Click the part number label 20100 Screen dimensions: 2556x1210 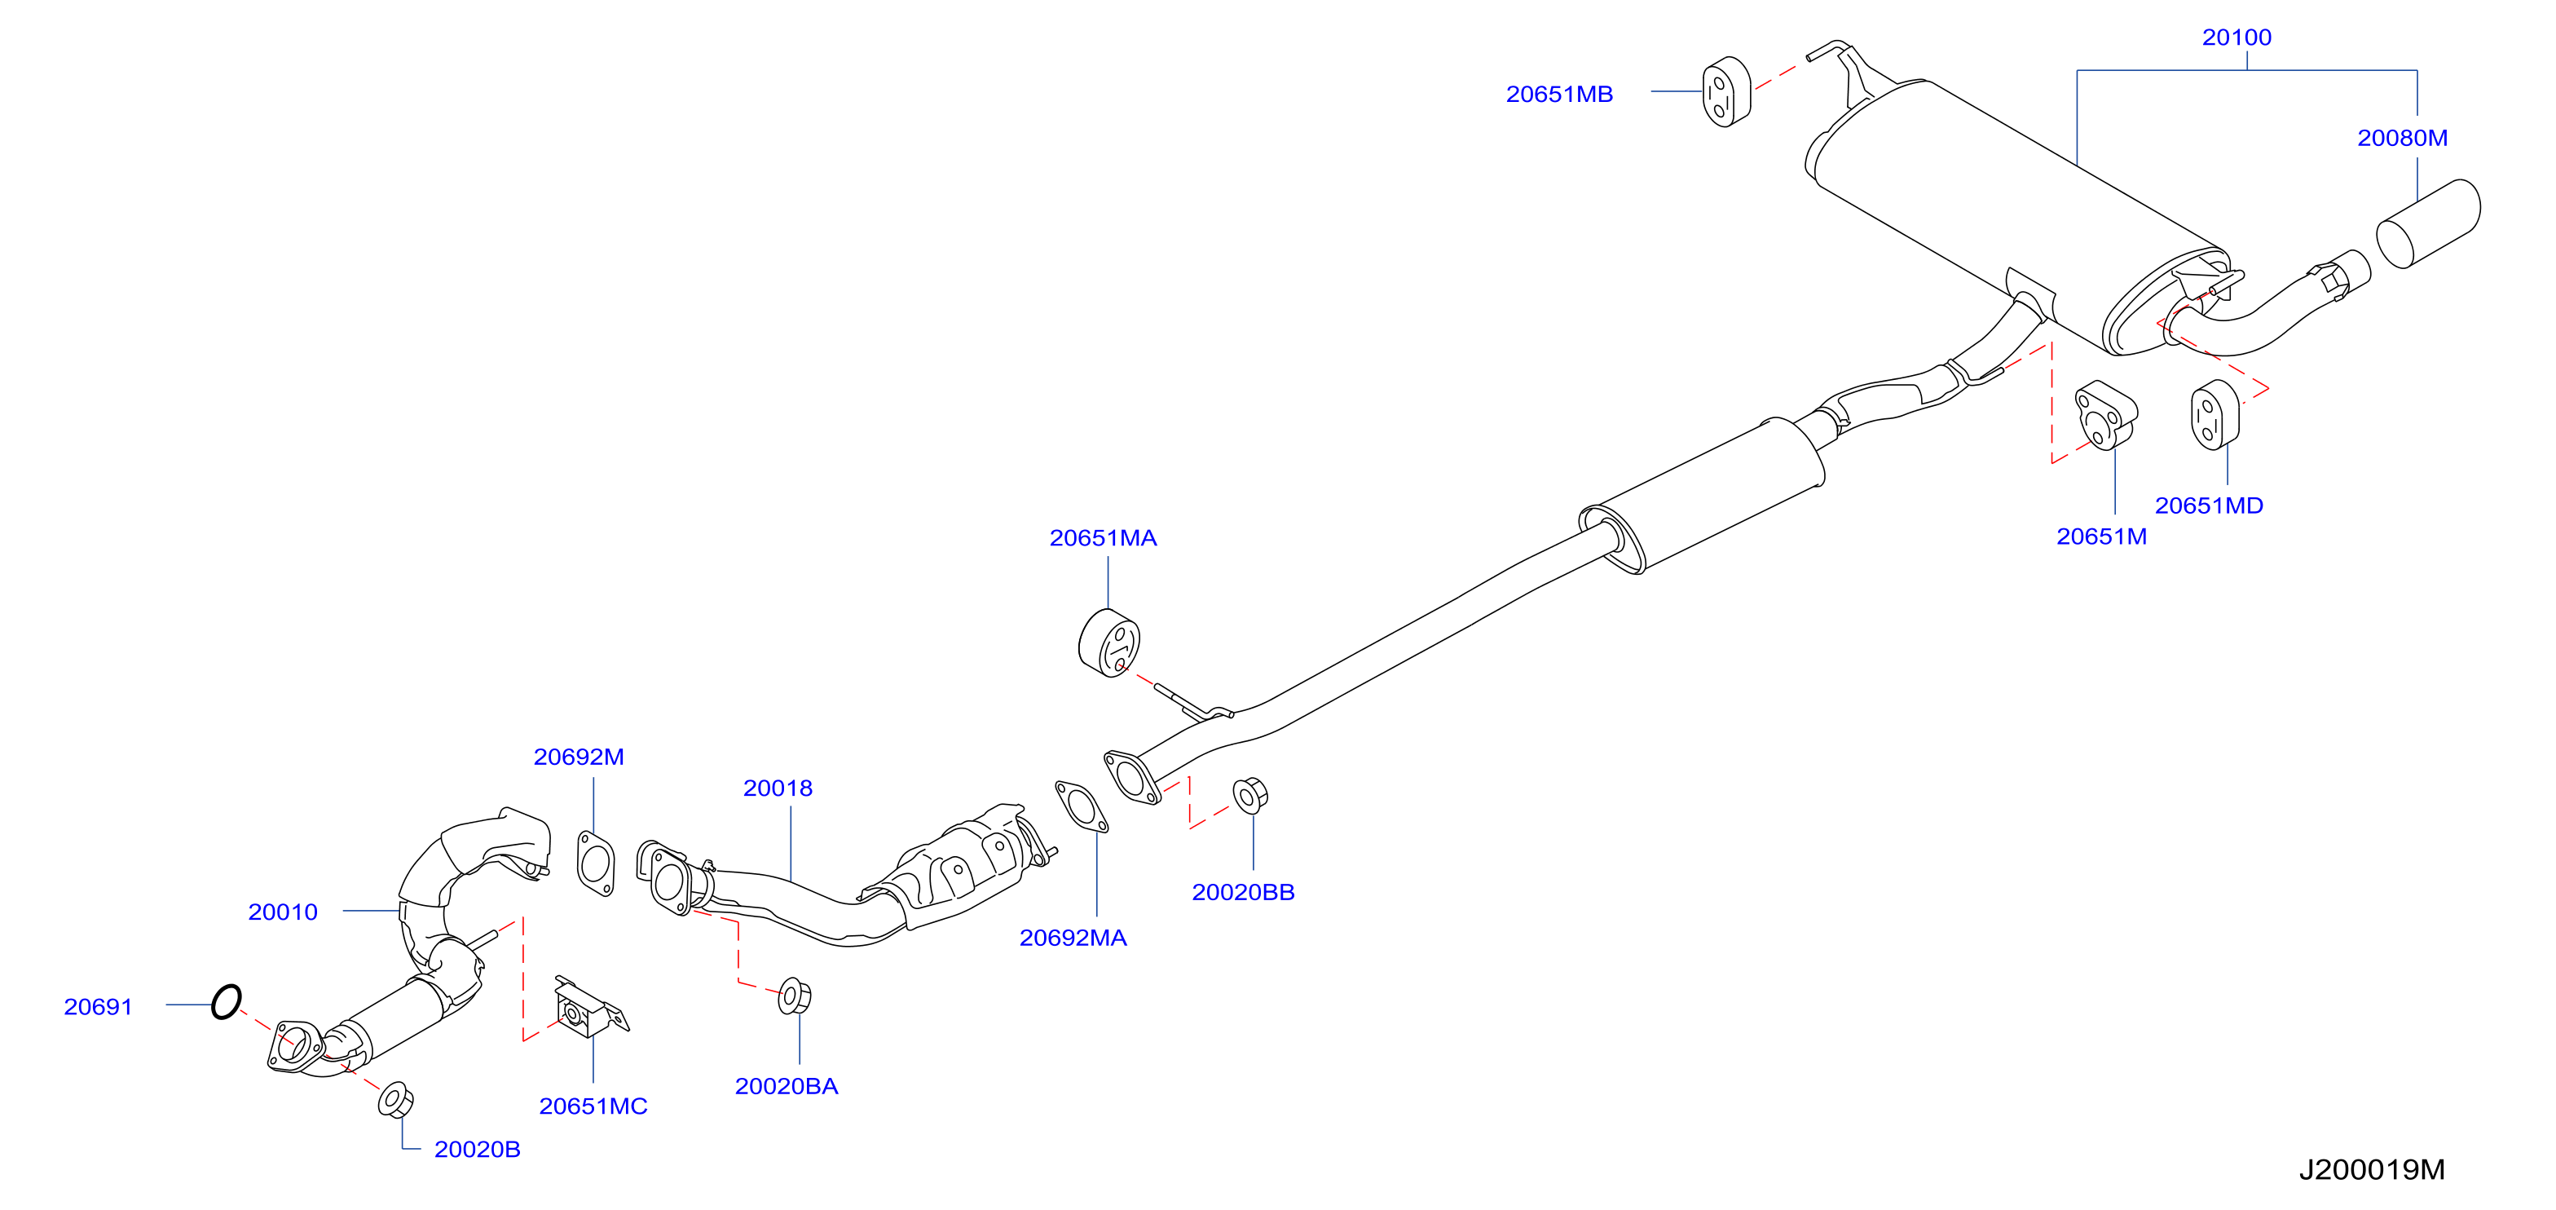click(x=2236, y=38)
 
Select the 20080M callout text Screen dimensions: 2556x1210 click(x=2402, y=138)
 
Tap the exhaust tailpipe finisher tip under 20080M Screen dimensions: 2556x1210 click(x=2428, y=223)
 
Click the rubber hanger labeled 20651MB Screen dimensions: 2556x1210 click(x=1726, y=92)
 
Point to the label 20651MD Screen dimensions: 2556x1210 click(x=2209, y=506)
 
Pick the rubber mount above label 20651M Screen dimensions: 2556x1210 click(x=2104, y=415)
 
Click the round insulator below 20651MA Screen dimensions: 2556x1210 click(x=1108, y=643)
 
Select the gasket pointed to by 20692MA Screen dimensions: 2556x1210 click(x=1082, y=807)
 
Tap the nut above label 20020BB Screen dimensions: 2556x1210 click(x=1249, y=795)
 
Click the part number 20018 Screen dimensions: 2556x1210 click(x=778, y=788)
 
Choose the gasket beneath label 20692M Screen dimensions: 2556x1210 click(x=595, y=863)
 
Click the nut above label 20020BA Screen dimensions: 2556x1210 click(x=795, y=996)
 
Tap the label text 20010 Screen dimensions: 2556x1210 click(x=283, y=912)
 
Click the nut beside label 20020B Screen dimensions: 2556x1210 click(x=396, y=1100)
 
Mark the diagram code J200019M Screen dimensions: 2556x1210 click(x=2372, y=1169)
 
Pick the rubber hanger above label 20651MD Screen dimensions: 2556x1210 click(x=2214, y=415)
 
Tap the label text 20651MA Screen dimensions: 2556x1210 click(x=1104, y=538)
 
